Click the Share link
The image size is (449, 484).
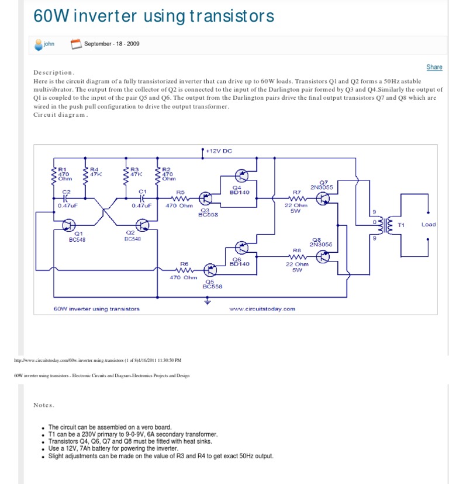coord(434,67)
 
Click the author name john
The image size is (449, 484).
coord(49,43)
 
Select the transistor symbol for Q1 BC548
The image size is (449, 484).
coord(69,225)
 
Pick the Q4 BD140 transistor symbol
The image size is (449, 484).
coord(241,176)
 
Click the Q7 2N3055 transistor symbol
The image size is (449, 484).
coord(323,199)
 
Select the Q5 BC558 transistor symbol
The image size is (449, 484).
coord(210,269)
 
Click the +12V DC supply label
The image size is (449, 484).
coord(219,151)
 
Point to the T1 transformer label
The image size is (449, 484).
coord(401,224)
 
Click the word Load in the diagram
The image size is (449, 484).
coord(428,224)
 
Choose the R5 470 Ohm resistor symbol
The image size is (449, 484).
coord(181,199)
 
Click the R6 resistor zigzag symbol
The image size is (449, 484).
coord(184,270)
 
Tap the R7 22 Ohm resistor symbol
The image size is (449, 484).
coord(296,199)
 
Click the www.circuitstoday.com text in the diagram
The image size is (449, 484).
coord(263,308)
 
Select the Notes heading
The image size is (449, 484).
coord(44,405)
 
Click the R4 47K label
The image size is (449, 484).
coord(96,172)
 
